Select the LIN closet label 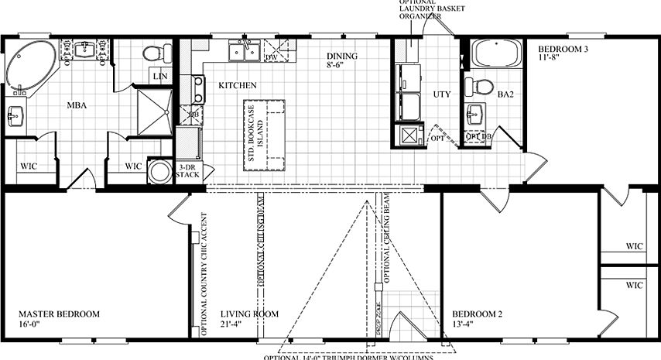pyautogui.click(x=160, y=76)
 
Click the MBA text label pyautogui.click(x=76, y=105)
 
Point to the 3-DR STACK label pyautogui.click(x=189, y=171)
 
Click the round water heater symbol pyautogui.click(x=160, y=172)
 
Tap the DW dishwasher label pyautogui.click(x=271, y=58)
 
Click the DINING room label pyautogui.click(x=341, y=57)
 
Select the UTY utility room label pyautogui.click(x=441, y=94)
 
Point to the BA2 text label pyautogui.click(x=505, y=95)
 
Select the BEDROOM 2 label pyautogui.click(x=478, y=314)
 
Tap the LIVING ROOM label pyautogui.click(x=248, y=314)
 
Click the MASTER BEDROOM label pyautogui.click(x=60, y=314)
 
